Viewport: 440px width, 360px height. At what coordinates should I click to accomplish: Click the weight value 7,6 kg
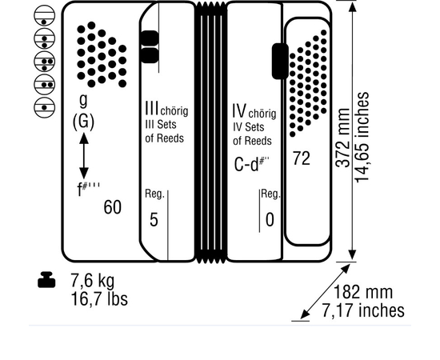(93, 280)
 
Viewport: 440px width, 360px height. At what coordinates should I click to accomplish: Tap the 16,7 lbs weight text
(99, 299)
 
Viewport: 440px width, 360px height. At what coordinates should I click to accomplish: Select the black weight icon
(46, 279)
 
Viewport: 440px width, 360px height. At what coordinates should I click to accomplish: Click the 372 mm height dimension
(343, 138)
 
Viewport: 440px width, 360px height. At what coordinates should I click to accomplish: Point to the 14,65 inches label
(362, 138)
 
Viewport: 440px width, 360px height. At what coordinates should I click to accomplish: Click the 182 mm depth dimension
(363, 292)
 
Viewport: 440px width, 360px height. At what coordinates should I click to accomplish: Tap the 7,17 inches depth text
(363, 310)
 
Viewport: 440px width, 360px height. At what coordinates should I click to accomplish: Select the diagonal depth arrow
(325, 291)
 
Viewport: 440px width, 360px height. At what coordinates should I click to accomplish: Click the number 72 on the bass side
(302, 158)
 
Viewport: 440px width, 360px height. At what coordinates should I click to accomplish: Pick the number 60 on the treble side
(113, 207)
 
